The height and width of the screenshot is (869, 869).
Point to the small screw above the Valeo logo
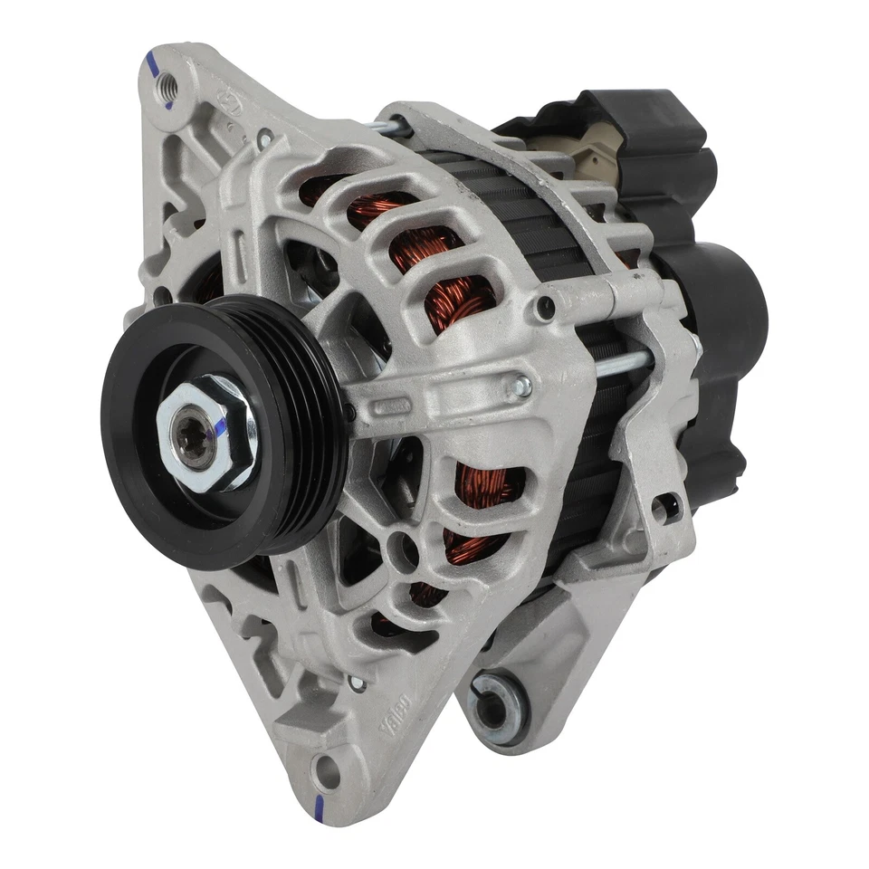point(356,683)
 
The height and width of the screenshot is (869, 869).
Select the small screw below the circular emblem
point(263,138)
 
